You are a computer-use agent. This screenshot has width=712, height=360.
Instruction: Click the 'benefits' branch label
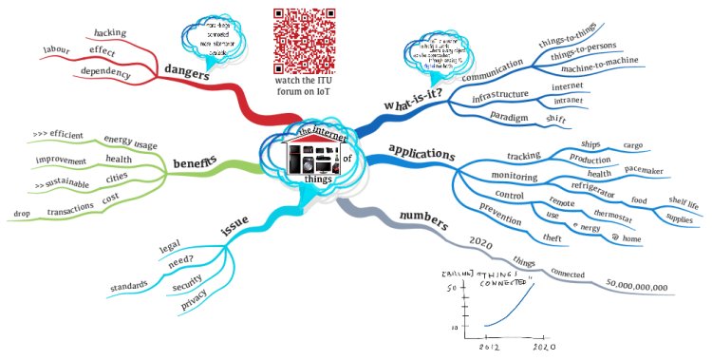195,163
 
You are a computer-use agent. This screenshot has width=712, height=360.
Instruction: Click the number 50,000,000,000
634,285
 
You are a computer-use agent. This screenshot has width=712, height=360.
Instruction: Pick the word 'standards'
129,284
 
